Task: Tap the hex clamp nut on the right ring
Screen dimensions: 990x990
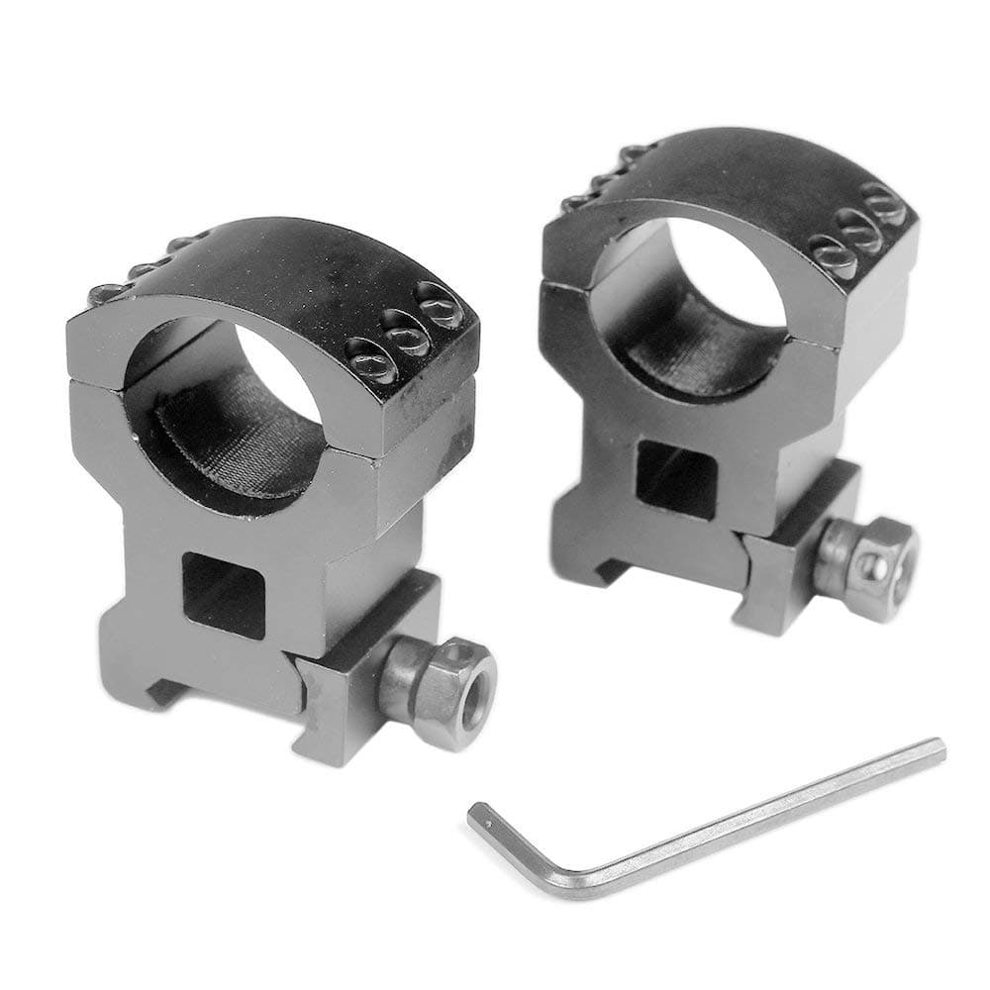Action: pyautogui.click(x=867, y=564)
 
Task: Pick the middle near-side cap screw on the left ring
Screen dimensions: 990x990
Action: pyautogui.click(x=406, y=337)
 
